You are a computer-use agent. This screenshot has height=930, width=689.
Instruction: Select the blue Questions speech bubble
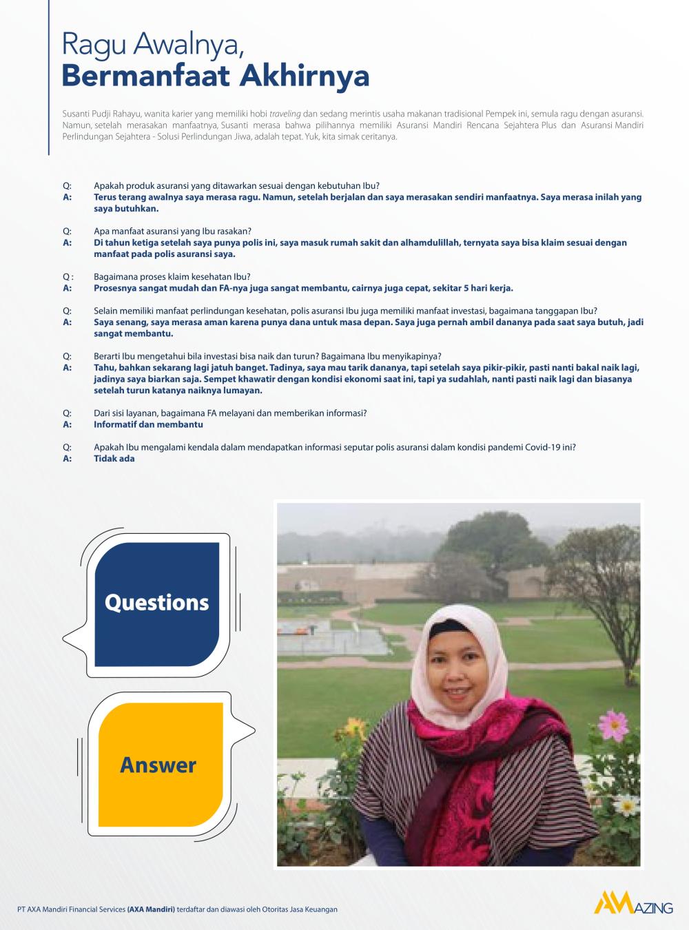coord(157,603)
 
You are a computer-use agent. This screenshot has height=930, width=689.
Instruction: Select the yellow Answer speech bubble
coord(159,764)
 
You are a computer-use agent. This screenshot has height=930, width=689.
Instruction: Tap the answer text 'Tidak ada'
coord(114,459)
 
